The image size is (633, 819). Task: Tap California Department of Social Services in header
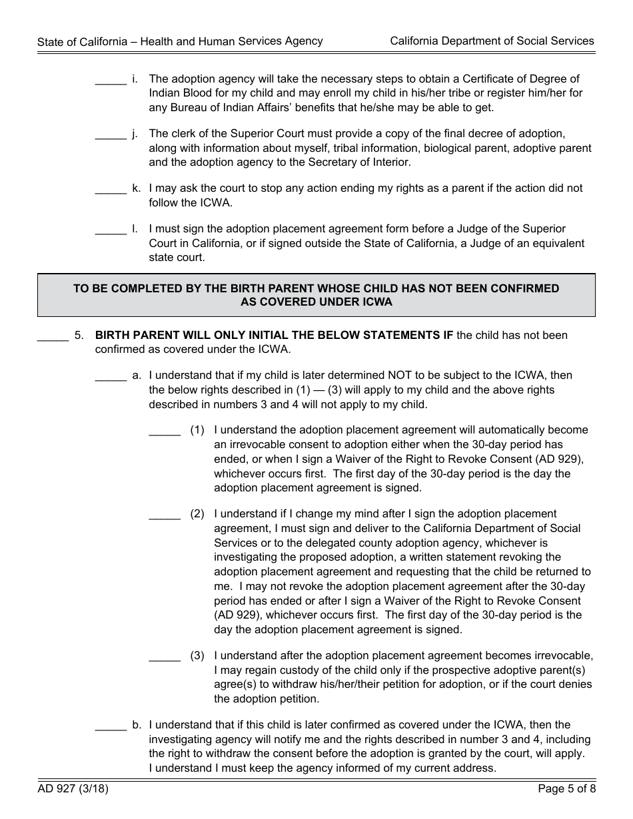click(492, 41)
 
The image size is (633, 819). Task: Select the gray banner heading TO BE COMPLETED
click(316, 295)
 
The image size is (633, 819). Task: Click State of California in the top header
click(83, 41)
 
